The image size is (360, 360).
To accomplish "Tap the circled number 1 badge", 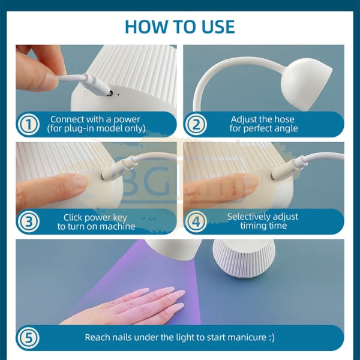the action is tap(29, 124).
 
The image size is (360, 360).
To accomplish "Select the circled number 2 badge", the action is tap(196, 124).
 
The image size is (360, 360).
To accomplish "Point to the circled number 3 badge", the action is tap(29, 221).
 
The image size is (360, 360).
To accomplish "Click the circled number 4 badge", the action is tap(196, 221).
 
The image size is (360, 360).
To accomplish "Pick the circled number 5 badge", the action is tap(28, 338).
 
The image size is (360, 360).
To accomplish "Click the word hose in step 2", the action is tap(284, 119).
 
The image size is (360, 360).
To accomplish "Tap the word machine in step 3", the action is tap(118, 226).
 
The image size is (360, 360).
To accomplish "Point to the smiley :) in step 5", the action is tap(271, 338).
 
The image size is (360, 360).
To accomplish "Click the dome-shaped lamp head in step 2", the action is tap(307, 84).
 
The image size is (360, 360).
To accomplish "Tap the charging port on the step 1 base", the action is tap(110, 93).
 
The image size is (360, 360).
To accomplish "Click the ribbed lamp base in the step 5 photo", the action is tap(243, 259).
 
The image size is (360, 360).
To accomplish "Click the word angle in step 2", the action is tap(287, 128).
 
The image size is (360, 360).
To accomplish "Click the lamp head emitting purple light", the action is tap(173, 250).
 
